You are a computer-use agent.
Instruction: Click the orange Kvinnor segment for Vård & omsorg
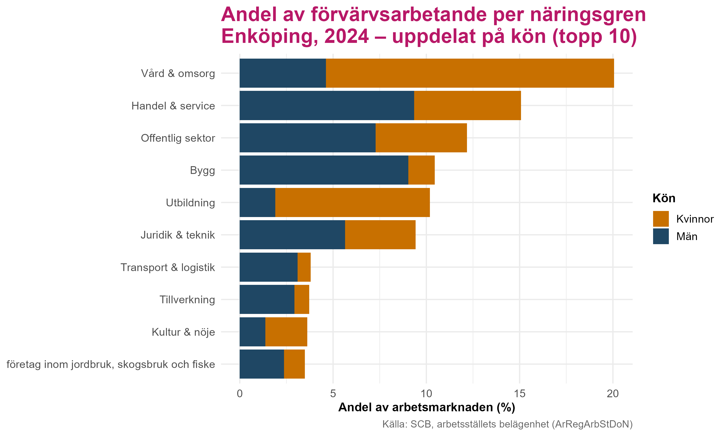[x=470, y=73]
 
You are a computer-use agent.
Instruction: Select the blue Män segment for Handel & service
[x=326, y=105]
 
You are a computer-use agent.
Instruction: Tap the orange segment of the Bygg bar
[x=421, y=170]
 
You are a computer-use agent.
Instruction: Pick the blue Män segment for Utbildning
[x=257, y=202]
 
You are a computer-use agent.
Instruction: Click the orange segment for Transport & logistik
[x=304, y=267]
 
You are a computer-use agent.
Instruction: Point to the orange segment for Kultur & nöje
[x=286, y=332]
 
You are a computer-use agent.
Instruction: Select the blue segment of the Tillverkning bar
[x=267, y=299]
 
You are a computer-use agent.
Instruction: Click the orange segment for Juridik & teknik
[x=380, y=235]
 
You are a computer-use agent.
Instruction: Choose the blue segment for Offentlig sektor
[x=307, y=138]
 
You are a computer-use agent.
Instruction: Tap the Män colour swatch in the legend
[x=661, y=236]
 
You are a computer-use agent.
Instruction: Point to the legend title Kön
[x=664, y=199]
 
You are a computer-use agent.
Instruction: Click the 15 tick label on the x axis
[x=520, y=394]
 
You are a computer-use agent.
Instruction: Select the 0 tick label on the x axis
[x=239, y=394]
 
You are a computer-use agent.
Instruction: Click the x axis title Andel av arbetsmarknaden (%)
[x=427, y=407]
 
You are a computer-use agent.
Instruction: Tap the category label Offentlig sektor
[x=178, y=138]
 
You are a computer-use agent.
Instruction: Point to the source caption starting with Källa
[x=507, y=424]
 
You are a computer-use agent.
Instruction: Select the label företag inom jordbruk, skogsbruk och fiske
[x=111, y=364]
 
